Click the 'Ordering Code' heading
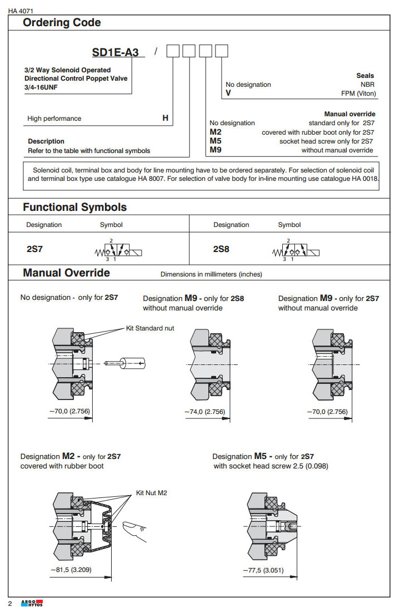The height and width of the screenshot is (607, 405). click(62, 23)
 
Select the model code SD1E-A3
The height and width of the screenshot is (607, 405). click(118, 53)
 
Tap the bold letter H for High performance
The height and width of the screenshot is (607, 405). click(165, 118)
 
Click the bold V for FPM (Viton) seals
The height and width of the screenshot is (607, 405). click(228, 93)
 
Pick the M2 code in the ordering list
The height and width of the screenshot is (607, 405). click(216, 132)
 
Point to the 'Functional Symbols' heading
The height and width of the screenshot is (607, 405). click(74, 207)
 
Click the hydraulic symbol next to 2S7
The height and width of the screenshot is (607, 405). click(118, 250)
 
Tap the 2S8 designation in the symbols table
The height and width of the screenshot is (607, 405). click(221, 249)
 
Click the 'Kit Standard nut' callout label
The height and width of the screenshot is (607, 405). click(150, 328)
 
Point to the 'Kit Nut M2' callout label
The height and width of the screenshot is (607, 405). click(152, 493)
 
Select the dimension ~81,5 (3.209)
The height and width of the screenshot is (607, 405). click(71, 570)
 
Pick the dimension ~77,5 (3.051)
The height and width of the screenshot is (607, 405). click(264, 570)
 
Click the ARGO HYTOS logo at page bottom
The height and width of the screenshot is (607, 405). click(31, 603)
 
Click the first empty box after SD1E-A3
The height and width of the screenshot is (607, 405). click(174, 52)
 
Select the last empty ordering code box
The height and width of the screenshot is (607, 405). click(222, 52)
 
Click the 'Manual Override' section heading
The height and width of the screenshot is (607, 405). click(66, 273)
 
